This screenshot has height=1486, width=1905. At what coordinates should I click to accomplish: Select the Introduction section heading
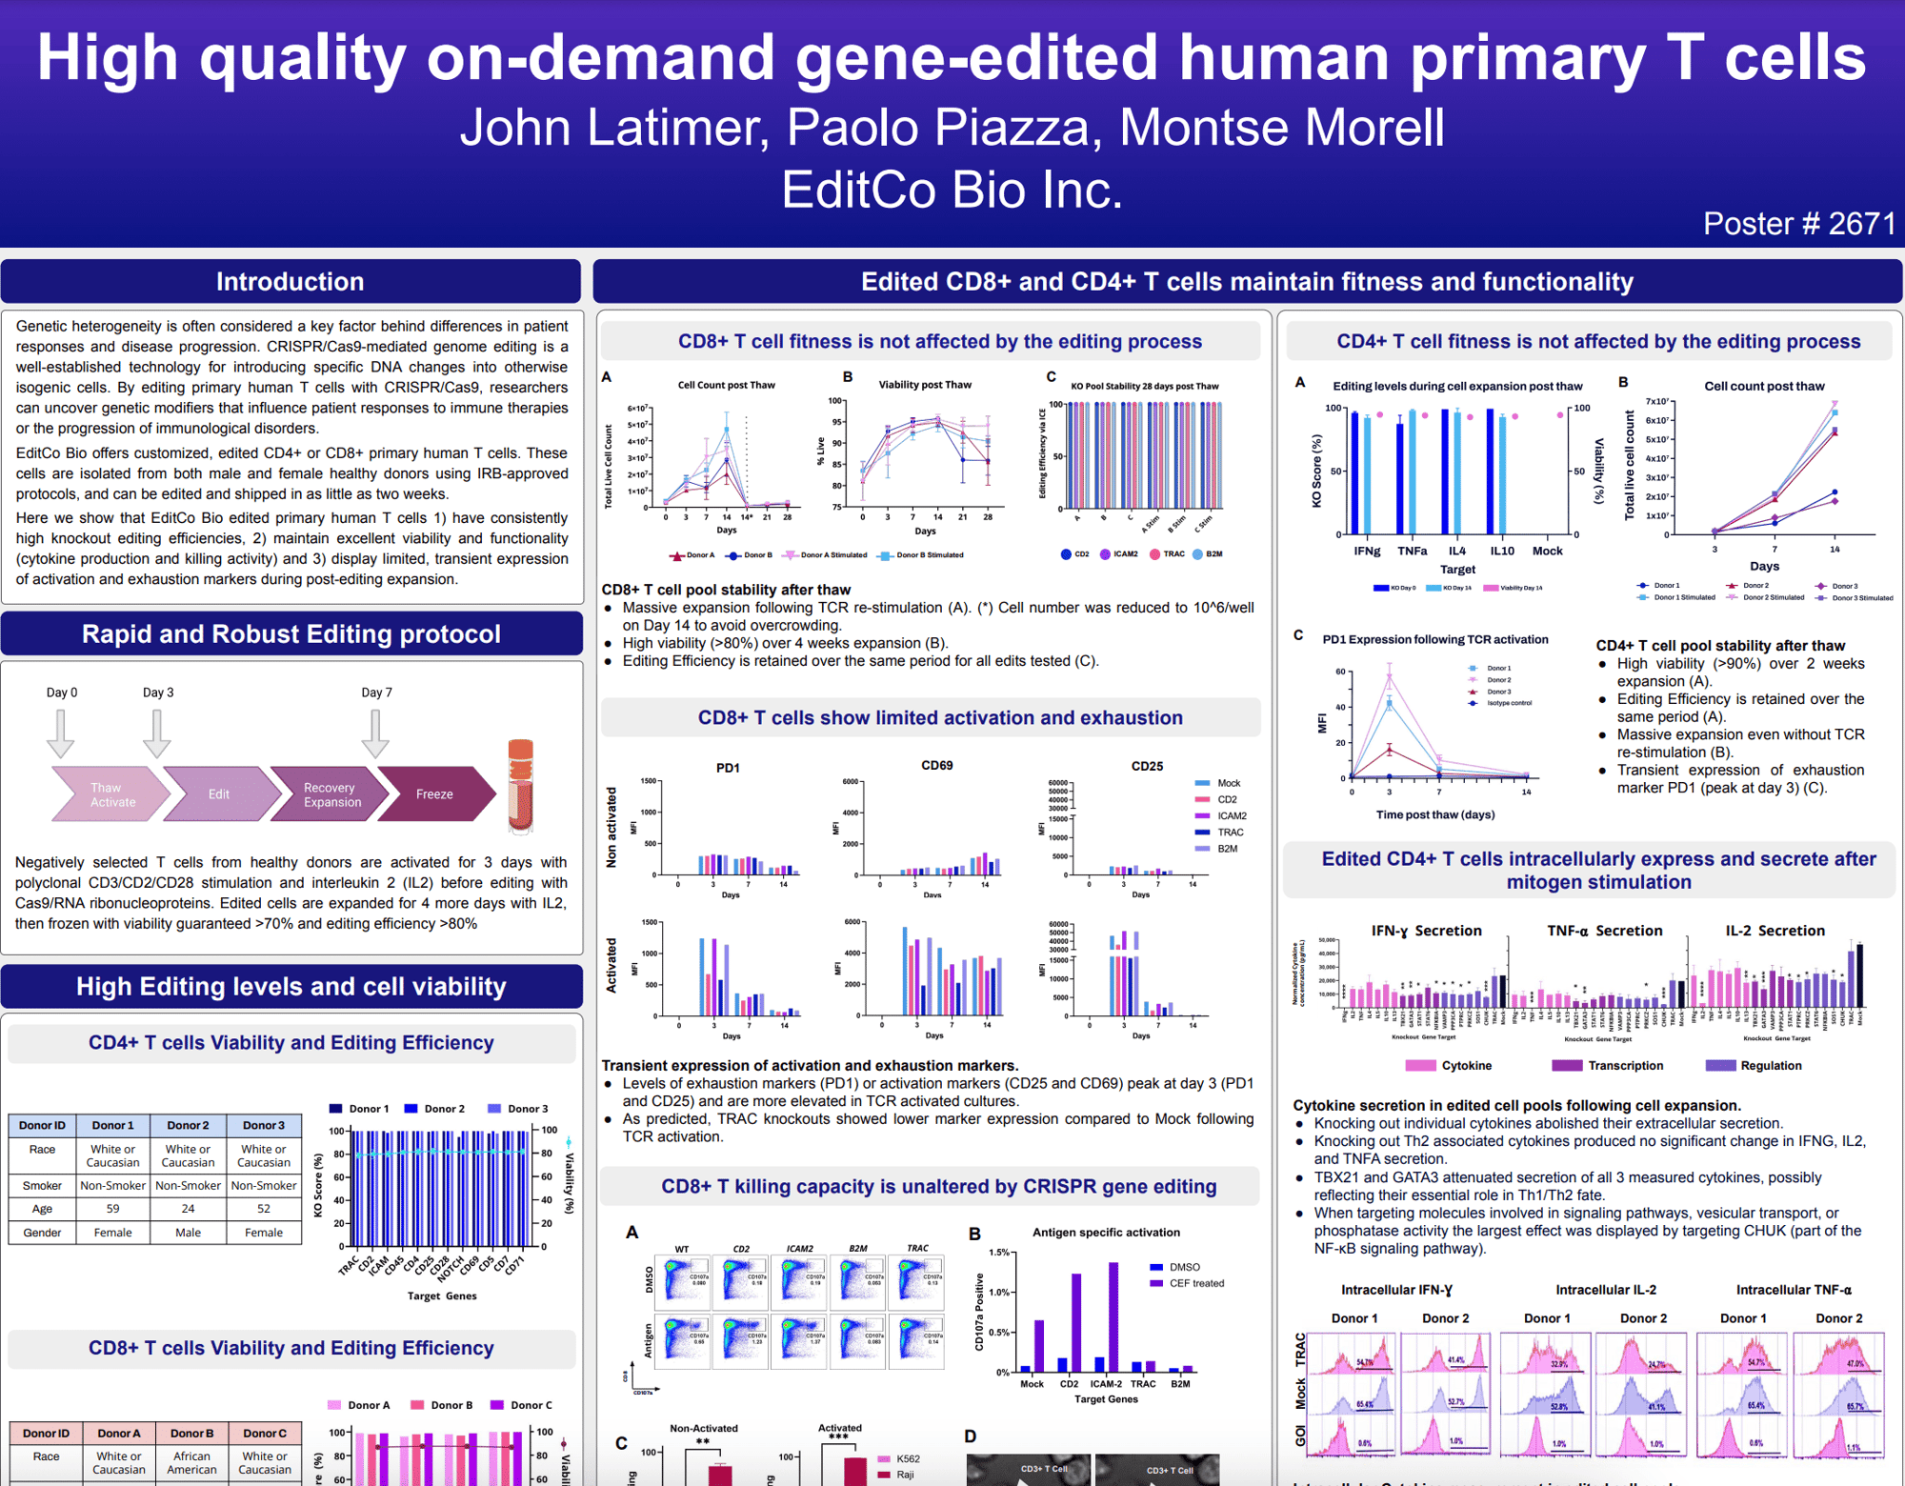click(x=290, y=282)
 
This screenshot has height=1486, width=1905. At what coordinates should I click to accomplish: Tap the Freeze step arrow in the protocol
click(x=434, y=794)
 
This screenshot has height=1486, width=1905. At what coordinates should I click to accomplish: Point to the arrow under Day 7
click(x=375, y=733)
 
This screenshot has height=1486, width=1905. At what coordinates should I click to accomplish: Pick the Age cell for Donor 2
click(x=188, y=1209)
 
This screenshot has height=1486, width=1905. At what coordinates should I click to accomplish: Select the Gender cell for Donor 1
click(x=112, y=1233)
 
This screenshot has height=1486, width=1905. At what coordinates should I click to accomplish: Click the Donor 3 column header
click(x=263, y=1125)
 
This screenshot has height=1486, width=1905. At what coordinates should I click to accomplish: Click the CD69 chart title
click(x=936, y=765)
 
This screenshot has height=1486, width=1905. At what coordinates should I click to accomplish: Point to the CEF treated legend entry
click(x=1195, y=1283)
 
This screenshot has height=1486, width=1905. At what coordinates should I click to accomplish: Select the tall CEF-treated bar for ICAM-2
click(x=1113, y=1316)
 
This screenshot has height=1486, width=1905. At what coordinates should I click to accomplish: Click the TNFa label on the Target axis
click(x=1412, y=551)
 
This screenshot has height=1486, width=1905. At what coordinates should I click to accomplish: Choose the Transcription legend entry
click(x=1625, y=1066)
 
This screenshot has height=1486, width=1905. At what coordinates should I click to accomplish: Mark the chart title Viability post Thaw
click(x=924, y=385)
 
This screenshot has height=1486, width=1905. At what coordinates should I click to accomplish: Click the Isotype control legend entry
click(x=1509, y=703)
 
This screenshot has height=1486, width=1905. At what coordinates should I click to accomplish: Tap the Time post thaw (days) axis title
click(x=1434, y=814)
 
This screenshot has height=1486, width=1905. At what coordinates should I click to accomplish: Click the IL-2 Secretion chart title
click(x=1775, y=931)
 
